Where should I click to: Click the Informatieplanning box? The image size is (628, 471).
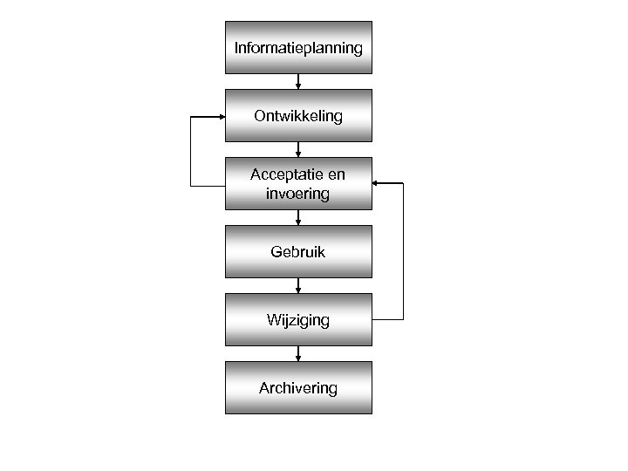tap(298, 47)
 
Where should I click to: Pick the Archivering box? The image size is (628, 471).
tap(298, 387)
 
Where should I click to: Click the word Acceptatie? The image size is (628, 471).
tap(285, 174)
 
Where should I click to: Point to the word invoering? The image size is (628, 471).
tap(298, 194)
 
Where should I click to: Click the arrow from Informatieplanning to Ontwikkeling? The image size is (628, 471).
tap(298, 81)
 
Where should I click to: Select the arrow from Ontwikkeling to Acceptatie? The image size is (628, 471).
tap(298, 149)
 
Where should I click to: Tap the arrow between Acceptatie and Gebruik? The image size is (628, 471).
tap(298, 217)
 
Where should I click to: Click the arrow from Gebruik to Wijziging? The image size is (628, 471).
tap(298, 285)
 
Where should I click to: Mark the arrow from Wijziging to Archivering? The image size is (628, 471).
tap(298, 353)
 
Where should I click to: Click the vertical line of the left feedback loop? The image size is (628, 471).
tap(191, 150)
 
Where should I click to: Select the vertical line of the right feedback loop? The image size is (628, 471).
tap(404, 251)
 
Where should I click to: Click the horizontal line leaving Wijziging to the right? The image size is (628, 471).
tap(388, 319)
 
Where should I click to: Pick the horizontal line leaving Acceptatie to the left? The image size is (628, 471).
tap(208, 185)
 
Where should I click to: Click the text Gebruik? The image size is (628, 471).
tap(298, 252)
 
